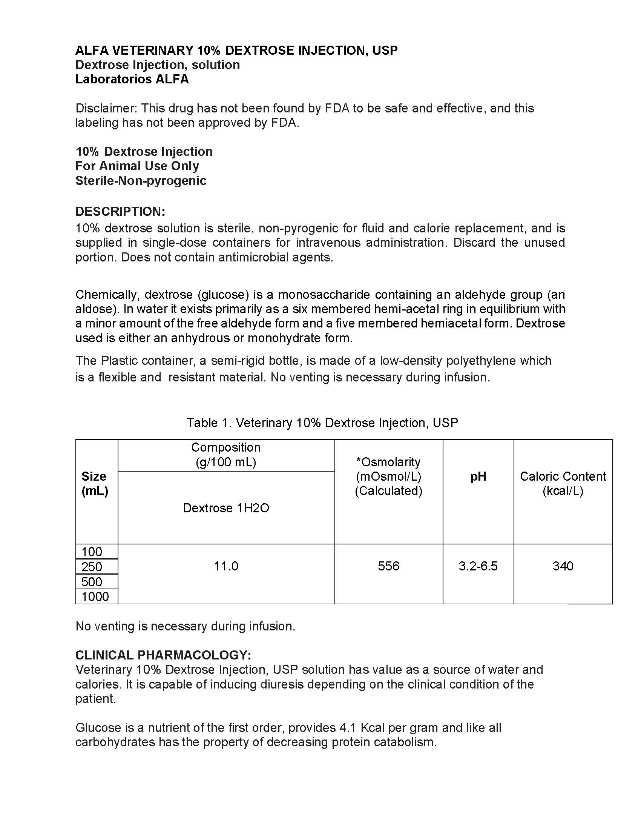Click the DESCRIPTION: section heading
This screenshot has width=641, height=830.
[120, 211]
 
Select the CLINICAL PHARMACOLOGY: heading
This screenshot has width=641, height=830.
[163, 655]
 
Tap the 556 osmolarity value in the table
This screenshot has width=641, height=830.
[388, 566]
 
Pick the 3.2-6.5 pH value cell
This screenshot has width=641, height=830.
[478, 566]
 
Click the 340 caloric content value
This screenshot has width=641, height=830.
[563, 566]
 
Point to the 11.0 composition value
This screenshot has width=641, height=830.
[226, 566]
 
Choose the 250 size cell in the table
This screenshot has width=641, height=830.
[92, 567]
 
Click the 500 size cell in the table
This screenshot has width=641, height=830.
[92, 581]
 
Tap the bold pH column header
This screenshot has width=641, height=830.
[478, 476]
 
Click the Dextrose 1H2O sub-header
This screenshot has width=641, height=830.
[226, 508]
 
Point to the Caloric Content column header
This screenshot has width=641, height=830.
[563, 483]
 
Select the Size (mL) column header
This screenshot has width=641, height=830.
[95, 483]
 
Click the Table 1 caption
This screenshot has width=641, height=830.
[322, 423]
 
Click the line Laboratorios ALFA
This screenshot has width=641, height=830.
[132, 79]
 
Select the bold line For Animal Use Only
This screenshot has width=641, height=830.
[137, 166]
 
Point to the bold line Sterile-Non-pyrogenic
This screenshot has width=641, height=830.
[141, 180]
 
